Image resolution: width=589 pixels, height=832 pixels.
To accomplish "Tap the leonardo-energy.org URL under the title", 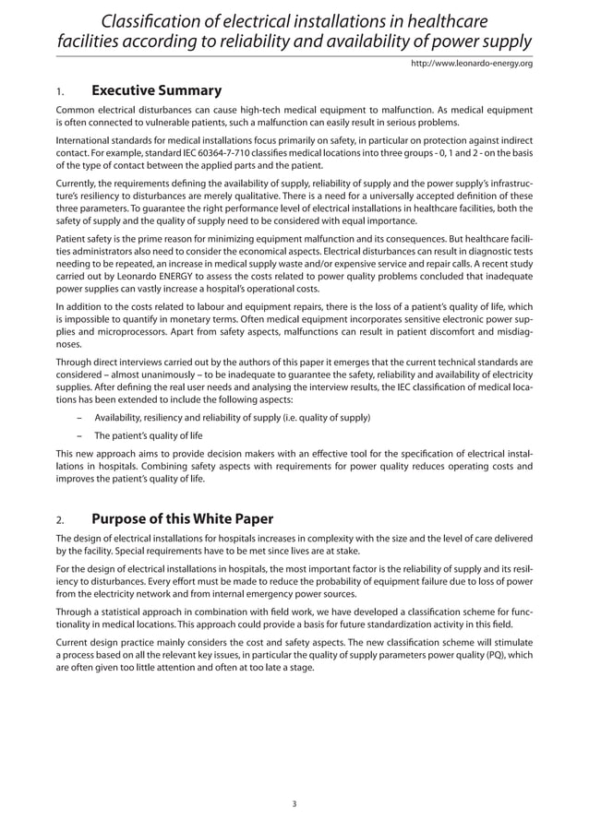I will tap(471, 64).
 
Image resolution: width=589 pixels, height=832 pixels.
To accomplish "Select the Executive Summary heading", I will tap(156, 90).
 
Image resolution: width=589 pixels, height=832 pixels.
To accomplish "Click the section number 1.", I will tap(59, 92).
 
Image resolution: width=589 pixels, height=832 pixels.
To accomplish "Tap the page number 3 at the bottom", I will tap(294, 803).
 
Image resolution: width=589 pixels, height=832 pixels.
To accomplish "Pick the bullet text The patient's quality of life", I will tap(149, 435).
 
